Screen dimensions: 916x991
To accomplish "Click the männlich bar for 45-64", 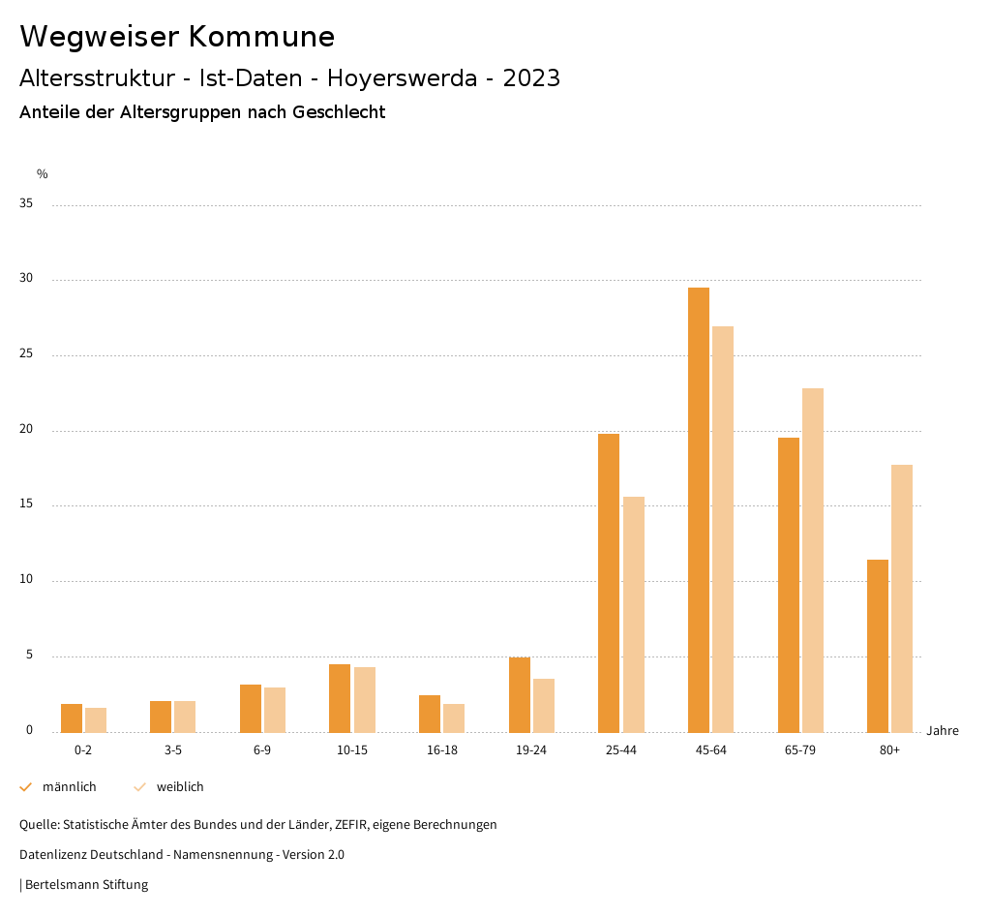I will (699, 509).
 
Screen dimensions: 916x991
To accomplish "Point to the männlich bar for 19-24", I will (520, 694).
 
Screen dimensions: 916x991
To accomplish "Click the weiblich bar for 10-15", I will (365, 699).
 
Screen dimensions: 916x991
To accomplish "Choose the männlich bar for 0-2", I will (72, 718).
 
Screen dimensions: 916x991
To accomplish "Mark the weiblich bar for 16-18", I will (454, 718).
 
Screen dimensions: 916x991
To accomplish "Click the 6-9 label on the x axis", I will (262, 750).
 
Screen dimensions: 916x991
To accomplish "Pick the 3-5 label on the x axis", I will (173, 750).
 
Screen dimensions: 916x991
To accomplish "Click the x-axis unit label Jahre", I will (943, 731).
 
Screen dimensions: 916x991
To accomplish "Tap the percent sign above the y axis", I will (43, 174).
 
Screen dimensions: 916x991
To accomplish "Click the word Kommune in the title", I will (260, 37).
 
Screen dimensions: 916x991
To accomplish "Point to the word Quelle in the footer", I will (39, 825).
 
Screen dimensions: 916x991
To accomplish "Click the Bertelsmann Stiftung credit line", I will (86, 885).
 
